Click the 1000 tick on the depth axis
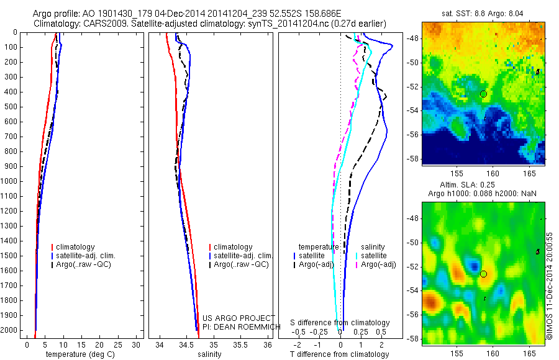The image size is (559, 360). click(11, 181)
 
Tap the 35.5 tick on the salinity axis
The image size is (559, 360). click(240, 344)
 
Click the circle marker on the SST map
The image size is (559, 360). click(483, 94)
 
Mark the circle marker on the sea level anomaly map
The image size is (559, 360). click(483, 274)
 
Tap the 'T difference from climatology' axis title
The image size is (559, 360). click(339, 354)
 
